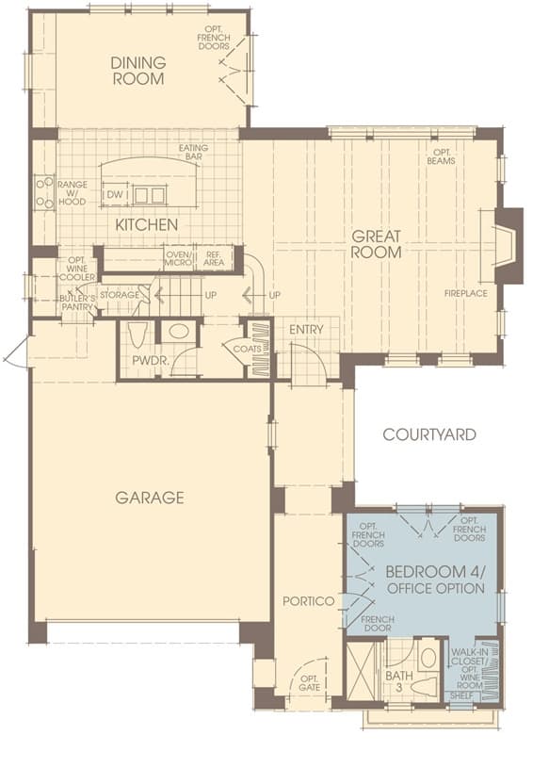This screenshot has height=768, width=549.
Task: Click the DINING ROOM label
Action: (x=138, y=71)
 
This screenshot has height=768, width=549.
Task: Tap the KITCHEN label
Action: (x=146, y=225)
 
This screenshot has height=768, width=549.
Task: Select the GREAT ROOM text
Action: (x=377, y=244)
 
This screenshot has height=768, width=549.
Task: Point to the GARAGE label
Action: (x=150, y=498)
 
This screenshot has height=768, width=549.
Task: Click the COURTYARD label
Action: (x=429, y=434)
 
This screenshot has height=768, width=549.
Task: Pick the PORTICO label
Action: (x=309, y=601)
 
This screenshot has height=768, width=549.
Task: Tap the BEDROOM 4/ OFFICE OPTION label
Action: (x=435, y=580)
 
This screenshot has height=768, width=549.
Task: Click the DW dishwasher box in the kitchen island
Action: (x=115, y=194)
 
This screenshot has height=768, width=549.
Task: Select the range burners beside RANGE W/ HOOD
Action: (x=44, y=192)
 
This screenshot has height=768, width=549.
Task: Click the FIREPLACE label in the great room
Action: (x=466, y=293)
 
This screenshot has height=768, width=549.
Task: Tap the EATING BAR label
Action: (x=193, y=152)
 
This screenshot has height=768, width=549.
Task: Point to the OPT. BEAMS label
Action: (x=441, y=156)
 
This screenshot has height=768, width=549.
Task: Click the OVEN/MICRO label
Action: (x=179, y=258)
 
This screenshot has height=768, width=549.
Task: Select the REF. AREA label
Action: (x=214, y=258)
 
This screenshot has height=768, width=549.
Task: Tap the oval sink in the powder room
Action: (x=178, y=331)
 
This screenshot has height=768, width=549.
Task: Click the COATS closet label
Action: (x=247, y=349)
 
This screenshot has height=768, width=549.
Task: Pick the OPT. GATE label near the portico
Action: (x=309, y=683)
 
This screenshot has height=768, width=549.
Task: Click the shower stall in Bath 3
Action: (x=360, y=670)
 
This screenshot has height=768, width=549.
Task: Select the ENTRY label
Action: (x=306, y=329)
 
